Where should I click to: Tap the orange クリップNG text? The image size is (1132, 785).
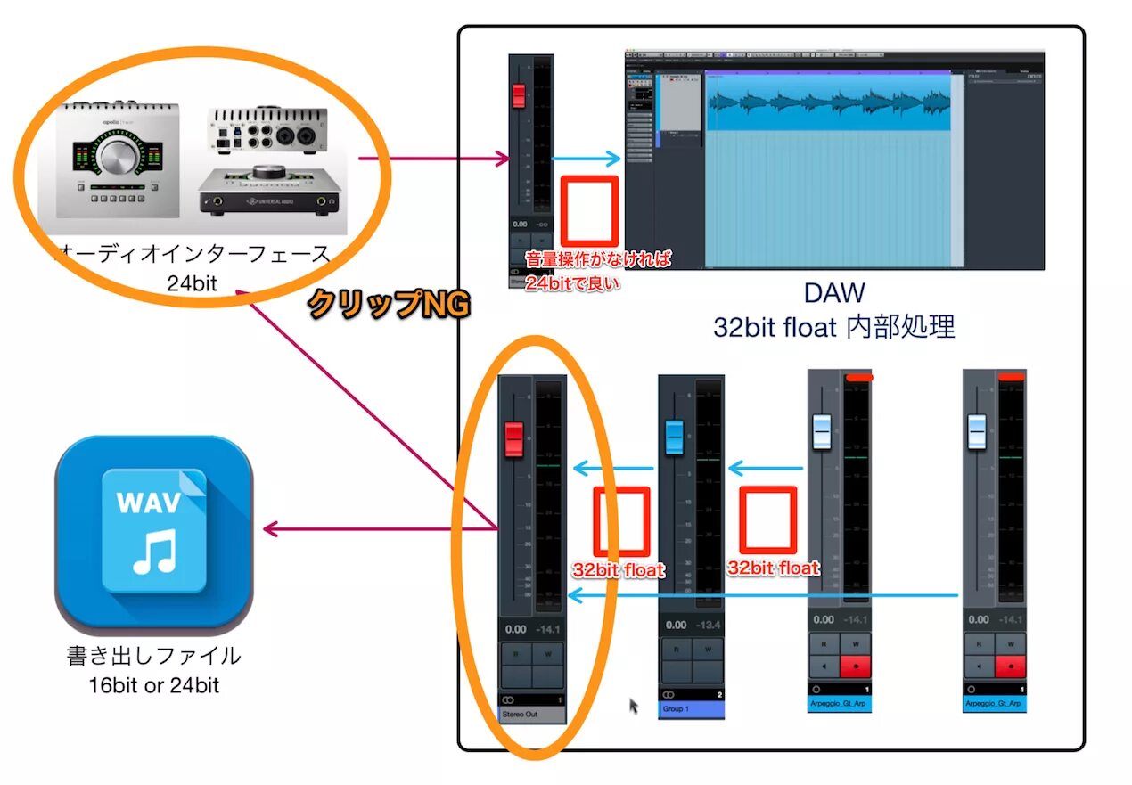point(388,305)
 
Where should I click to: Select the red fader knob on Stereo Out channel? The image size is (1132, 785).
point(514,438)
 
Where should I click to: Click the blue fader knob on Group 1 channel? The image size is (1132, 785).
point(675,437)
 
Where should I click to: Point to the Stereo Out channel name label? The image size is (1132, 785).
point(531,714)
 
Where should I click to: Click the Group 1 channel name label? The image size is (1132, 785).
point(691,709)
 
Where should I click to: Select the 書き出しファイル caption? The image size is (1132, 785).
point(153,656)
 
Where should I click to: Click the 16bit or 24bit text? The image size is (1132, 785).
point(153,685)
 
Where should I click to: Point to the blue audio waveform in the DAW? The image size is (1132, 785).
point(829,102)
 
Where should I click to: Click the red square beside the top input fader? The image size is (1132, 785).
point(588,211)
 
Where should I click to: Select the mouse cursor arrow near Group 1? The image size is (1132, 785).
point(634,706)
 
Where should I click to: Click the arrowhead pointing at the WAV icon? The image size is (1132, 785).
point(270,530)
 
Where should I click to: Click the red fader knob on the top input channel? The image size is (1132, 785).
point(519,96)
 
